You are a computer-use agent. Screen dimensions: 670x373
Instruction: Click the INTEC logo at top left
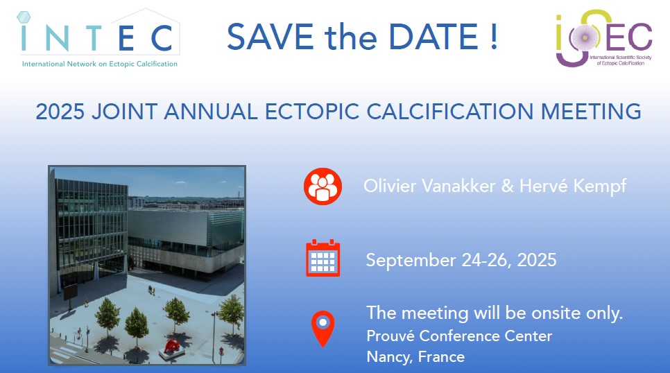98,38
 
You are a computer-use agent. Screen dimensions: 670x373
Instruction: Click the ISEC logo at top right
604,38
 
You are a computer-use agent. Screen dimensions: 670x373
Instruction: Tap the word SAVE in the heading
270,37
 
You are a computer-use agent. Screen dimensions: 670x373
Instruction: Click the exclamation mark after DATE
494,37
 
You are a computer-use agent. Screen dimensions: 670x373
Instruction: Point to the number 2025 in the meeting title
60,112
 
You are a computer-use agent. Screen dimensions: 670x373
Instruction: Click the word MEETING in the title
591,112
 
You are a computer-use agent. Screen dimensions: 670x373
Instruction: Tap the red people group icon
323,186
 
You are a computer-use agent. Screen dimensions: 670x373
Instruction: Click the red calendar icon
323,258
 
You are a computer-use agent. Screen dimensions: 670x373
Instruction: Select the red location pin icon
323,328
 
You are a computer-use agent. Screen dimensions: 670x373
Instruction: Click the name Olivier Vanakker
429,186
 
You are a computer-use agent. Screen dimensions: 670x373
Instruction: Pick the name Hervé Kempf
573,186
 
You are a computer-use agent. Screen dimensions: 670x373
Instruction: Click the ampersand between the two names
507,186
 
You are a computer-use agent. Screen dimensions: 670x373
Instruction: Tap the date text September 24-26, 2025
461,260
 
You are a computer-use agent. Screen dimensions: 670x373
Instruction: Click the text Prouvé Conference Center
459,336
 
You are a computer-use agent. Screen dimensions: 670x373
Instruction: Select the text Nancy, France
415,357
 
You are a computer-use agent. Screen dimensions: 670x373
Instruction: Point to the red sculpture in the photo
172,346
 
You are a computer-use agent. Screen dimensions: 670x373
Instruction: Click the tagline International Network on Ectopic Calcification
100,64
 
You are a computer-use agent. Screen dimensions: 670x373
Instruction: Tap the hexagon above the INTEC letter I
24,17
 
